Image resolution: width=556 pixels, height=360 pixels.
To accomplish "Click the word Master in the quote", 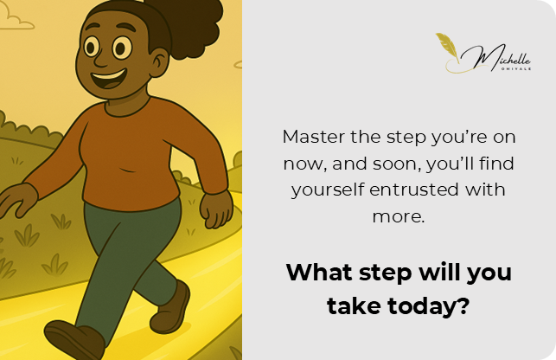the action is click(314, 137).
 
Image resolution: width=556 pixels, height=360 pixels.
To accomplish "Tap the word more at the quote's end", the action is click(398, 216).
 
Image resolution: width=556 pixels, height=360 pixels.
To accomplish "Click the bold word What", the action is click(319, 273).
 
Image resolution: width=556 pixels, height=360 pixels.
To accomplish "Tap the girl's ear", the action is click(158, 63).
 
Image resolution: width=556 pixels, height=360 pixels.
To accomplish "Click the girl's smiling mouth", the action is click(108, 79).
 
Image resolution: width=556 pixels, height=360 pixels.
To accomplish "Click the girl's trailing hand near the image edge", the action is click(18, 200).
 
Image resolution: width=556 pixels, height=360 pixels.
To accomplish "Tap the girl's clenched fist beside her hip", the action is click(216, 209).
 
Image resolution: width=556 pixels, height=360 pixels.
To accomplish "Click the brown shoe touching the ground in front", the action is click(73, 340).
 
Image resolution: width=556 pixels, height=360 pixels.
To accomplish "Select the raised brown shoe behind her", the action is click(170, 307).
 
